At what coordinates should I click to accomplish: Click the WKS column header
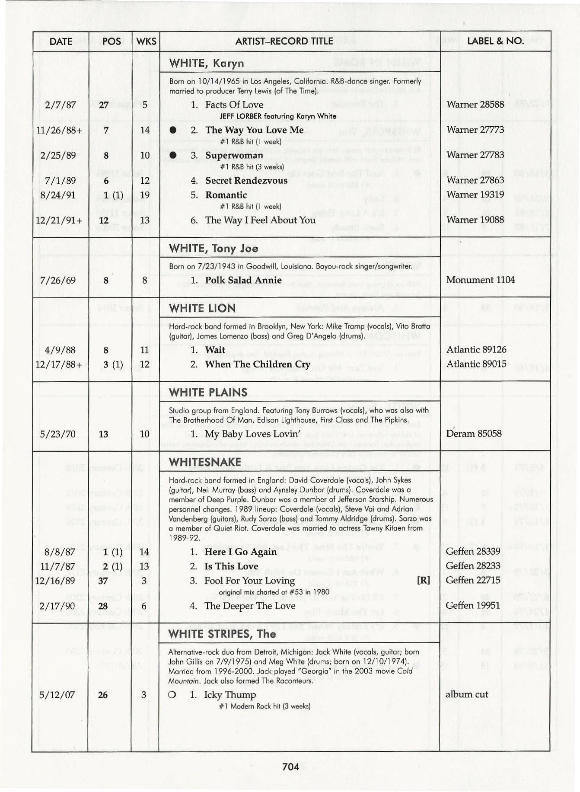tap(146, 42)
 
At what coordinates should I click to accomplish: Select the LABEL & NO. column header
tap(495, 41)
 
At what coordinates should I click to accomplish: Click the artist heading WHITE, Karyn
tap(207, 63)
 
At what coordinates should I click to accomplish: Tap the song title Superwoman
tap(234, 155)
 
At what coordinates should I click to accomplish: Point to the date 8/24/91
tap(58, 195)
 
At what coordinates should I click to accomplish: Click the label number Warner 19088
tap(475, 220)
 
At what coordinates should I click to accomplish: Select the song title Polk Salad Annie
tap(243, 280)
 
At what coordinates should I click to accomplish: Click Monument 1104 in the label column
tap(480, 280)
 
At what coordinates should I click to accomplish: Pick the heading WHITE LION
tap(202, 308)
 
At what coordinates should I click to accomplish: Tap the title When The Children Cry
tap(258, 364)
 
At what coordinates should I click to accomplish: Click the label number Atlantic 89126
tap(476, 349)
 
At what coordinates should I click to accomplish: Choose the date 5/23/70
tap(57, 434)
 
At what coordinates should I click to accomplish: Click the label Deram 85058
tap(474, 433)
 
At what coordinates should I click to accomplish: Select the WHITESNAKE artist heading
tap(205, 462)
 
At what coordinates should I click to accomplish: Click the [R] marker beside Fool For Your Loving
tap(423, 580)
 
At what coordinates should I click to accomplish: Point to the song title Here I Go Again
tap(240, 552)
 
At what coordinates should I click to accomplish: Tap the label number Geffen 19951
tap(473, 605)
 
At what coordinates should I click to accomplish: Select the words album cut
tap(467, 694)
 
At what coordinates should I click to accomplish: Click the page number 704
tap(290, 767)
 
